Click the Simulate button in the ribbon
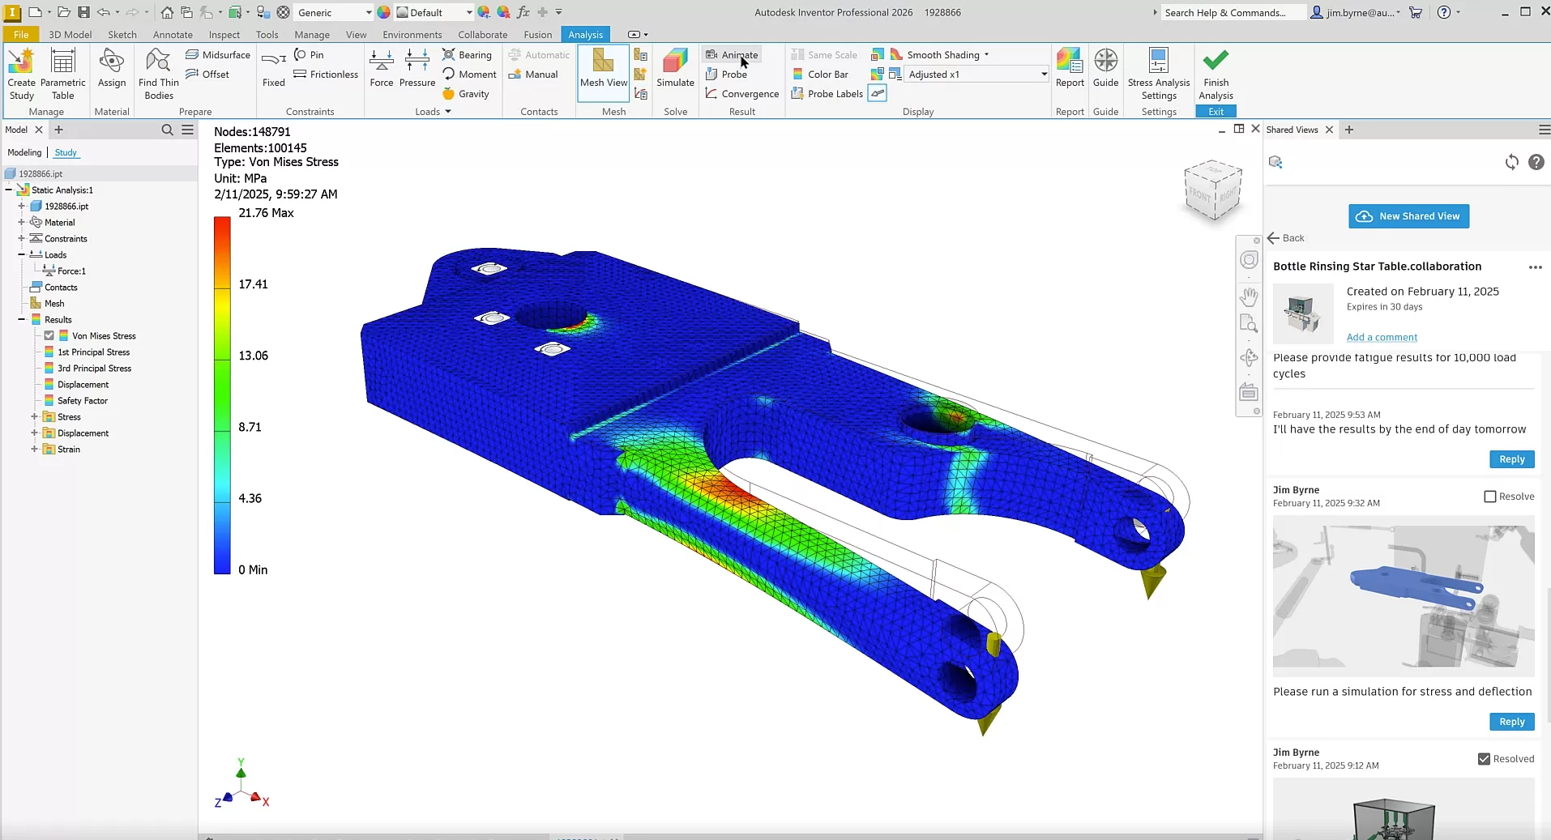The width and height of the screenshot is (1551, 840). point(675,68)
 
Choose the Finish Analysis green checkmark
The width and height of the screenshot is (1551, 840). point(1216,69)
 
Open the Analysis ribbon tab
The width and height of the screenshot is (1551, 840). point(585,35)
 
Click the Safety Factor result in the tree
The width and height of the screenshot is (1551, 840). point(82,401)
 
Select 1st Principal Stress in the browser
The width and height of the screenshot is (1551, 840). point(93,352)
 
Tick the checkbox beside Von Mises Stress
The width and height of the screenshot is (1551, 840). point(49,336)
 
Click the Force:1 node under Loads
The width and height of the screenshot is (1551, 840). point(71,271)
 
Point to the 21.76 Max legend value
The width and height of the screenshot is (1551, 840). point(266,213)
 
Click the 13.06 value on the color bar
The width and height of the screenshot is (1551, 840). point(253,356)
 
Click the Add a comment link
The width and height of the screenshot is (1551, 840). point(1382,338)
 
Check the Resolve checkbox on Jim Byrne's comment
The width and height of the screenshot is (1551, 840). point(1489,497)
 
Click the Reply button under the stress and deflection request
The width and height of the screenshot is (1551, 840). point(1511,722)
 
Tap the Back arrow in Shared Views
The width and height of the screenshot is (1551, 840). point(1285,238)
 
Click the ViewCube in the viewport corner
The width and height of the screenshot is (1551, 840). point(1212,190)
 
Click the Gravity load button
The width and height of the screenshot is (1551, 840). point(466,94)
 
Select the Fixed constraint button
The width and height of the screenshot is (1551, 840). point(274,68)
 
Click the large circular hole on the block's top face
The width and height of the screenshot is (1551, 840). point(551,316)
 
